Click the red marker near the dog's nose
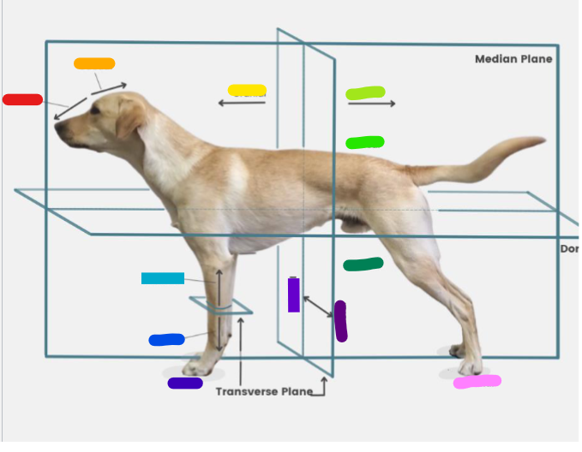[x=22, y=99]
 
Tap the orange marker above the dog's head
[x=94, y=63]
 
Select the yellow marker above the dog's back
[x=247, y=90]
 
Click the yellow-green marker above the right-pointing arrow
[x=366, y=92]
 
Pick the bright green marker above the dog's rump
[x=365, y=142]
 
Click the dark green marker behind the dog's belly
[x=363, y=265]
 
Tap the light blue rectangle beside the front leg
[x=163, y=278]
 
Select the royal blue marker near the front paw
[x=166, y=340]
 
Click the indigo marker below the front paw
[x=185, y=383]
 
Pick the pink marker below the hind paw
[x=477, y=382]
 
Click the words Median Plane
[x=513, y=59]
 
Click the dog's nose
[x=58, y=129]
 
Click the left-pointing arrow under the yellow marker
[x=241, y=103]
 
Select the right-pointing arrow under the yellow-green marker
[x=372, y=104]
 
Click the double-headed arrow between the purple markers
[x=317, y=306]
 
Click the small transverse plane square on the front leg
[x=221, y=306]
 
